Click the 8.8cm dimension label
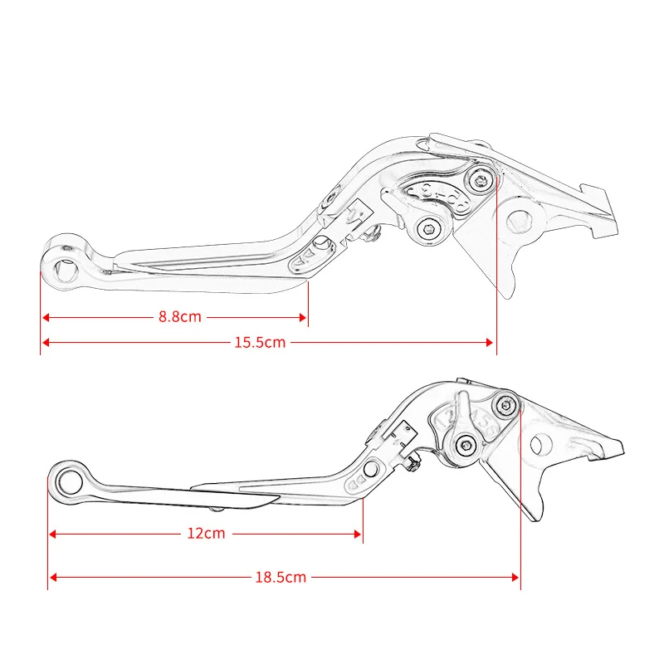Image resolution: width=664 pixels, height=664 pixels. pyautogui.click(x=180, y=316)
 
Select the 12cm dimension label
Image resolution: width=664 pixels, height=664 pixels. pyautogui.click(x=206, y=534)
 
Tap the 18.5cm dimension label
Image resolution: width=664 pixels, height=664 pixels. pyautogui.click(x=281, y=576)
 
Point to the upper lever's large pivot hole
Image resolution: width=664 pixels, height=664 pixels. pyautogui.click(x=520, y=221)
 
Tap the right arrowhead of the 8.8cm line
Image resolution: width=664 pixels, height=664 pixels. pyautogui.click(x=302, y=316)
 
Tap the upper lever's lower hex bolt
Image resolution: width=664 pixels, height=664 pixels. pyautogui.click(x=430, y=229)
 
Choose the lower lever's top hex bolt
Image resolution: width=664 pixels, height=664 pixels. pyautogui.click(x=505, y=405)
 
